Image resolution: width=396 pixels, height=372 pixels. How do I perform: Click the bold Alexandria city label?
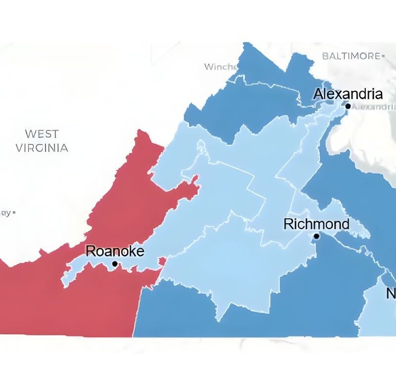click(348, 94)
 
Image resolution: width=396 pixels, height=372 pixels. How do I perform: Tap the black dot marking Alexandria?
click(348, 106)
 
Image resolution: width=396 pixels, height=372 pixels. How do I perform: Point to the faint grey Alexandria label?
click(374, 107)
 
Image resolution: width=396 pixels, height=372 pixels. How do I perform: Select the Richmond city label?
click(316, 224)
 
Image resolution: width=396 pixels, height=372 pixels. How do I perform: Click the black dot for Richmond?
click(317, 236)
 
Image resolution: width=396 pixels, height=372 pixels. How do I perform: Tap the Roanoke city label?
click(115, 251)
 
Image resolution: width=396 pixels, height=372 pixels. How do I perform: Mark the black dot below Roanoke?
click(115, 264)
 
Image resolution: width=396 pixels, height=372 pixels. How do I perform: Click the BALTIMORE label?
click(351, 56)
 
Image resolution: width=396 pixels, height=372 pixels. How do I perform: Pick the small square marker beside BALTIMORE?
click(383, 57)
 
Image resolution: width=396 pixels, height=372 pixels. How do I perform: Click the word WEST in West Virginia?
click(42, 134)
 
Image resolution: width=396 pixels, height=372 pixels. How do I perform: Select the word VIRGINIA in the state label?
click(42, 148)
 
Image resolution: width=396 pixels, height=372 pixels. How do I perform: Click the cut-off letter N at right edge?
click(391, 294)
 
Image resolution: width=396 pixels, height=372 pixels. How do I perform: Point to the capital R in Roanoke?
click(90, 251)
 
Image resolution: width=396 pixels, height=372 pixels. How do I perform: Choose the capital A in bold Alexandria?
click(318, 94)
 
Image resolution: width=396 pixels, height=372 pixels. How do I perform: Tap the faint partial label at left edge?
click(6, 213)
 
